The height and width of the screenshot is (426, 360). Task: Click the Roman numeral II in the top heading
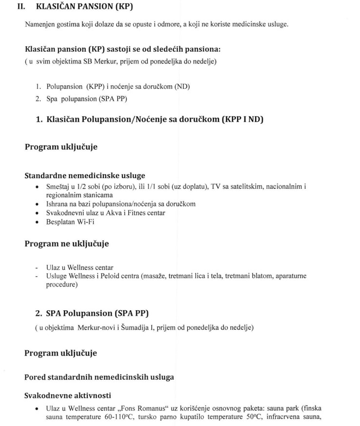(x=21, y=7)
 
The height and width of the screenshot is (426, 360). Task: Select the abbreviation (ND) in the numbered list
(x=181, y=86)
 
